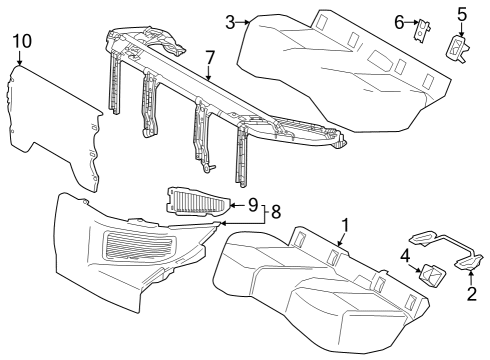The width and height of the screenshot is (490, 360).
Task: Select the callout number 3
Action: click(230, 21)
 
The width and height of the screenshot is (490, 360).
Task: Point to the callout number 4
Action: click(406, 255)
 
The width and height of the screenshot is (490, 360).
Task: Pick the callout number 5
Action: click(462, 14)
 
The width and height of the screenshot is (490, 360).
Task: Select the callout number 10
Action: click(22, 40)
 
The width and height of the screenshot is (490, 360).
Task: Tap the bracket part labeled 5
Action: click(460, 47)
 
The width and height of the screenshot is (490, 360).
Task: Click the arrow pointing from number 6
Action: click(409, 21)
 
